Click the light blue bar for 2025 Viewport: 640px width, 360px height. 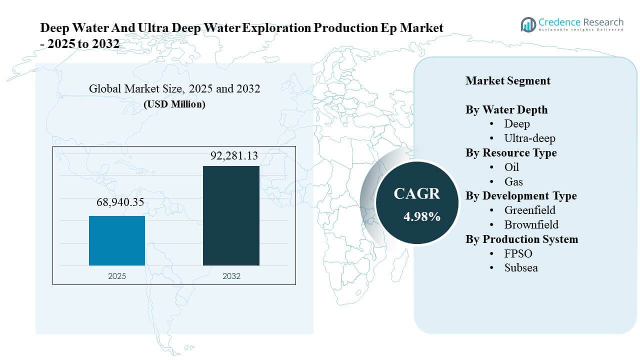pyautogui.click(x=117, y=240)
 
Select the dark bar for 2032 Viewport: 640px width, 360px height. pyautogui.click(x=231, y=215)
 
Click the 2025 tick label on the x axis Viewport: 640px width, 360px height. pyautogui.click(x=117, y=275)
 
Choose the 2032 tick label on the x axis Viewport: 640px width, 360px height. pyautogui.click(x=231, y=275)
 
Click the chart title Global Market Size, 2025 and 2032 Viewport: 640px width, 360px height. pyautogui.click(x=174, y=89)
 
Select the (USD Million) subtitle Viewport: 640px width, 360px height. pyautogui.click(x=174, y=104)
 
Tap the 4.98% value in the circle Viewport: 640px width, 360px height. pyautogui.click(x=422, y=216)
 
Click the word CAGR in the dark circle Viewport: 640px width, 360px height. pyautogui.click(x=416, y=194)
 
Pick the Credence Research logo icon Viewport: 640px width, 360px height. pyautogui.click(x=528, y=24)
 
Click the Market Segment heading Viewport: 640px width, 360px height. pyautogui.click(x=507, y=81)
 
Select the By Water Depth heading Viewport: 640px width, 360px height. pyautogui.click(x=506, y=110)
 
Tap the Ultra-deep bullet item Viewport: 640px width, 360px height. pyautogui.click(x=529, y=138)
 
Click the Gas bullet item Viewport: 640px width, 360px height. pyautogui.click(x=513, y=181)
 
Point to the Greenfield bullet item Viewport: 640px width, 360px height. pyautogui.click(x=529, y=210)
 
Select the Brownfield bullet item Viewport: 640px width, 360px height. pyautogui.click(x=531, y=224)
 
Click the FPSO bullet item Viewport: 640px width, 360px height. pyautogui.click(x=518, y=253)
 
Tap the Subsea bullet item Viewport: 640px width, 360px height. pyautogui.click(x=521, y=267)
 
